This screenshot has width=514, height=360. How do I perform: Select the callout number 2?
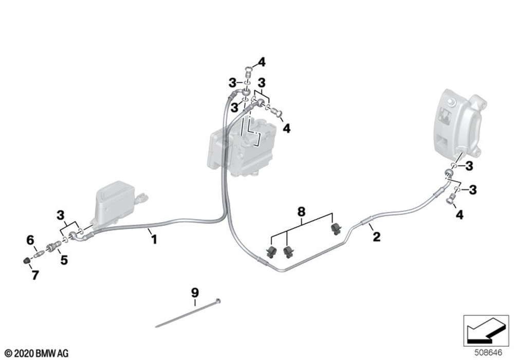[x=376, y=237]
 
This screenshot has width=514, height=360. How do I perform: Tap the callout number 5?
[x=64, y=260]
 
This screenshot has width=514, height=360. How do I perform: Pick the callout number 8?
[x=301, y=211]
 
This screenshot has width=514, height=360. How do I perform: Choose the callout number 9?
[x=195, y=293]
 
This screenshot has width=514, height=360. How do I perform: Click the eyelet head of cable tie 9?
[x=219, y=300]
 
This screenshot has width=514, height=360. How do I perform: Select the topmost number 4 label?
[x=262, y=63]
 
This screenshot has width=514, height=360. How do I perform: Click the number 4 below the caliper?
[x=459, y=215]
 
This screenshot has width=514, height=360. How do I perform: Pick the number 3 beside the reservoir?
[x=61, y=214]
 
